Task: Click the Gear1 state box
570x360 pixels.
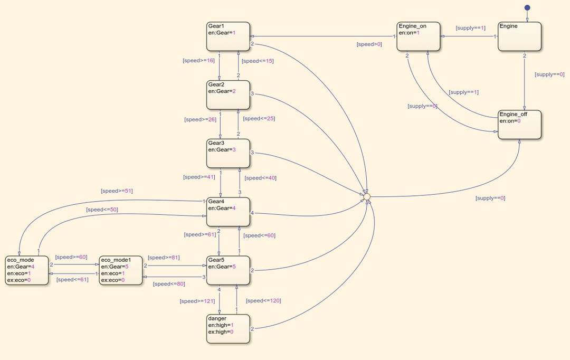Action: pyautogui.click(x=228, y=36)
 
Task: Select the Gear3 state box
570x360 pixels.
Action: pyautogui.click(x=228, y=154)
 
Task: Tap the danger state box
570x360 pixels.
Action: pyautogui.click(x=228, y=329)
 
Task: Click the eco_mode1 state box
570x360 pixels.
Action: pyautogui.click(x=121, y=270)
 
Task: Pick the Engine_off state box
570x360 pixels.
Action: pyautogui.click(x=520, y=125)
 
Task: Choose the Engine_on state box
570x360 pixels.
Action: pyautogui.click(x=419, y=36)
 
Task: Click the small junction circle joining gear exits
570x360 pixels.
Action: pyautogui.click(x=367, y=196)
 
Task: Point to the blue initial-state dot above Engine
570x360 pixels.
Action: pyautogui.click(x=527, y=8)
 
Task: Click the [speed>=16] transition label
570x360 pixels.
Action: pyautogui.click(x=198, y=61)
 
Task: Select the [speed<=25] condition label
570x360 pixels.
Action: pyautogui.click(x=259, y=119)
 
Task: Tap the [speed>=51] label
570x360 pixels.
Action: pyautogui.click(x=117, y=191)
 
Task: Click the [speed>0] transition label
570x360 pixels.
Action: pyautogui.click(x=369, y=44)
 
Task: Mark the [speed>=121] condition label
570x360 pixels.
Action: pyautogui.click(x=197, y=301)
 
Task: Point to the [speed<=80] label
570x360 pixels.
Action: pyautogui.click(x=169, y=284)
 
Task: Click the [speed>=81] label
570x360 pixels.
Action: pyautogui.click(x=164, y=258)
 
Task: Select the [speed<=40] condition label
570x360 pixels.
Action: pyautogui.click(x=260, y=178)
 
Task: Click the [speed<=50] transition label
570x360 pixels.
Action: pyautogui.click(x=102, y=210)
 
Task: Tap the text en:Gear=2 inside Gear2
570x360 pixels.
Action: pyautogui.click(x=222, y=91)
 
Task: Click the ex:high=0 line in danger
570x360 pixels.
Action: pyautogui.click(x=221, y=331)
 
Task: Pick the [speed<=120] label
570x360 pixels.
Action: pyautogui.click(x=263, y=301)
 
